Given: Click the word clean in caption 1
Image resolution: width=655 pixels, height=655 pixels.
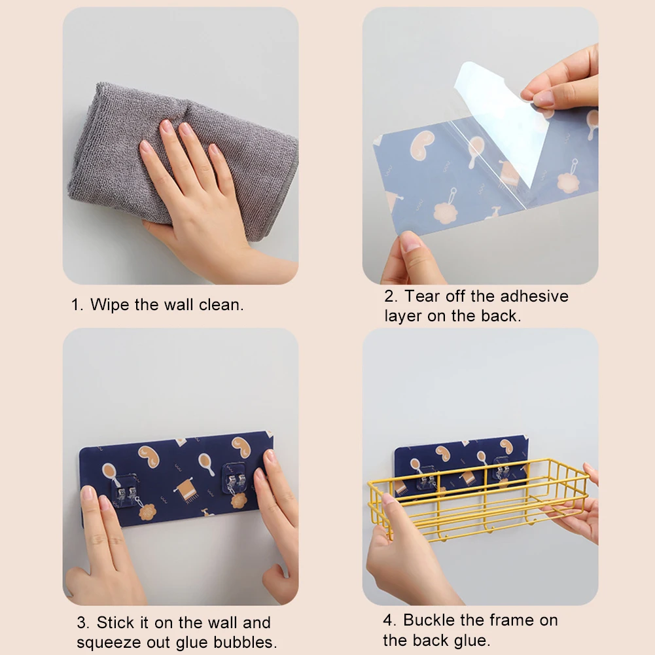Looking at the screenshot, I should point(221,305).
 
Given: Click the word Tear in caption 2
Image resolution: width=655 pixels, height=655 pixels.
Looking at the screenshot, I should point(422,296).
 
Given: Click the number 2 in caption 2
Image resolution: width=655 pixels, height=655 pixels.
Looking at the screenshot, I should point(388,296).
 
